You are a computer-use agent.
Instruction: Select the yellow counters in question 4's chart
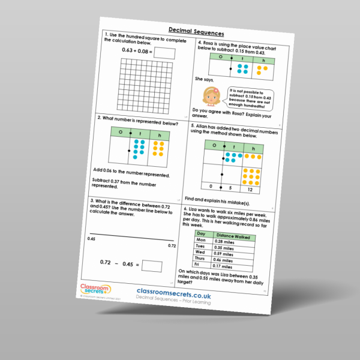262,71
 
